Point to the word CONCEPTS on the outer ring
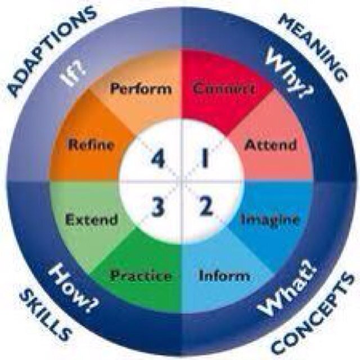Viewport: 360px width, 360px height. coord(313,314)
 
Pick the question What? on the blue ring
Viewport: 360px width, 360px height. coord(287,287)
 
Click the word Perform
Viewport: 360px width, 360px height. coord(141,89)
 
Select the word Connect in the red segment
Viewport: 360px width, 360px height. coord(224,89)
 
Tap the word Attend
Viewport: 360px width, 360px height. coord(270,145)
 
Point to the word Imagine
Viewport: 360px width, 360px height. coord(270,220)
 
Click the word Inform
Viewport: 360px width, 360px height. coord(224,276)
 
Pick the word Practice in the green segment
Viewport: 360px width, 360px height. coord(141,276)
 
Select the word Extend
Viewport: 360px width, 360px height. coord(92,219)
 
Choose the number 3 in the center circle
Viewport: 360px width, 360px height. coord(158,208)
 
